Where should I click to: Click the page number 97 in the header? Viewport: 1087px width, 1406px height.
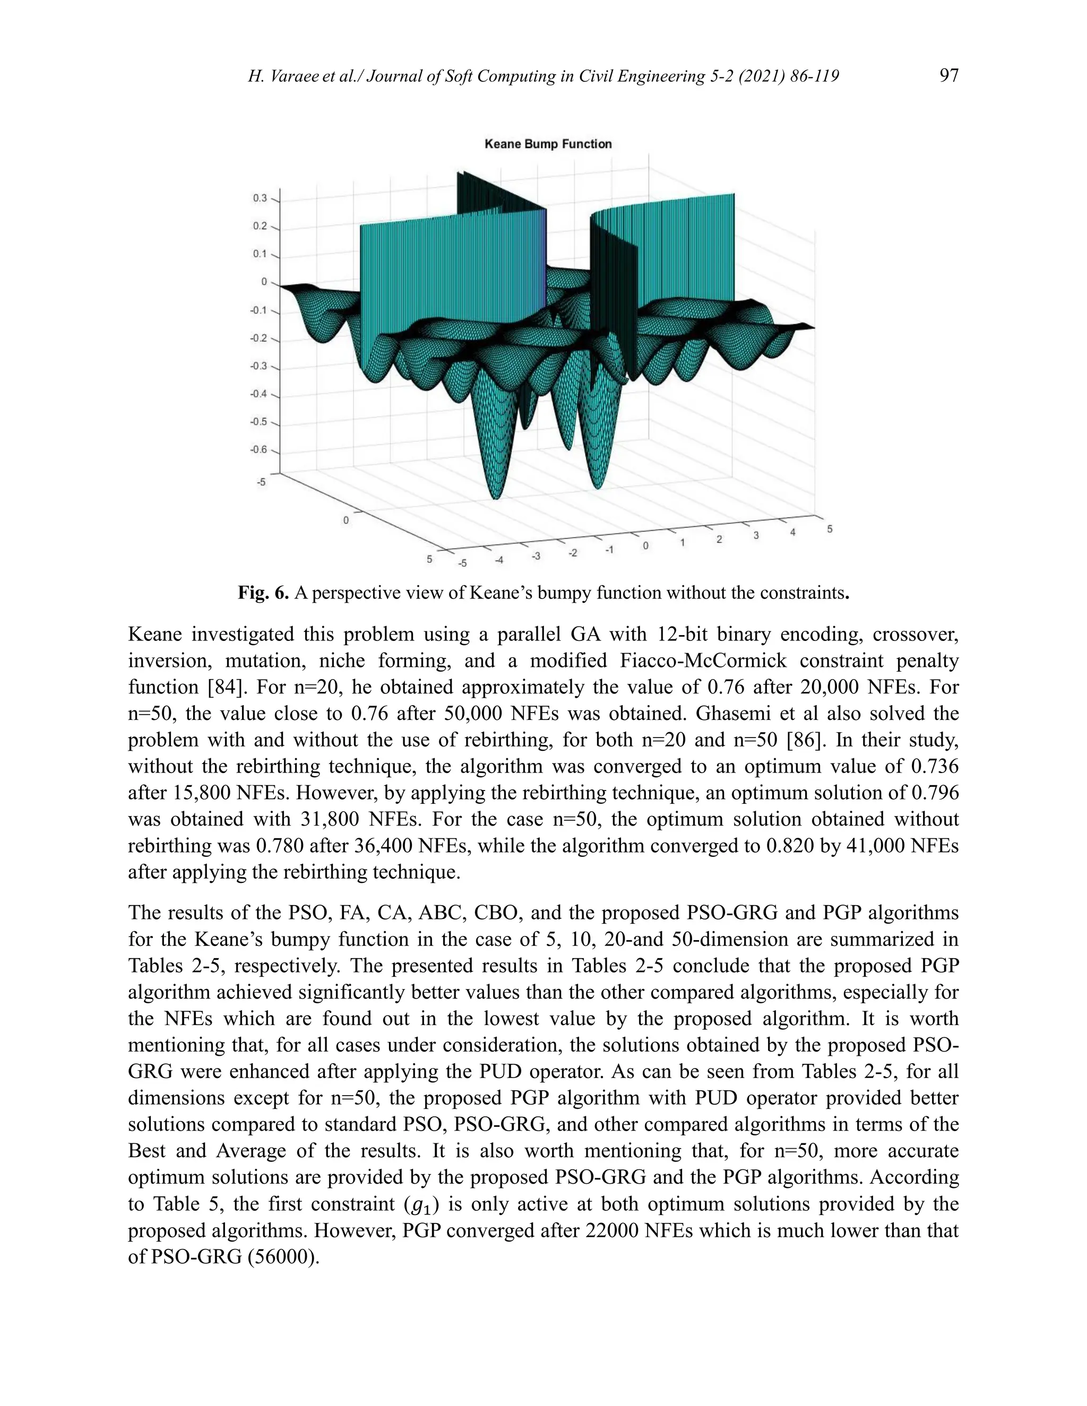coord(948,76)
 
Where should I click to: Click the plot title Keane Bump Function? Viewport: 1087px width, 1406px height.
coord(548,144)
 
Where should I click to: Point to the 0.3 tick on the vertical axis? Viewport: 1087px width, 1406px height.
coord(260,198)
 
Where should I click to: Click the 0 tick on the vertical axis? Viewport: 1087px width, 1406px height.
coord(264,282)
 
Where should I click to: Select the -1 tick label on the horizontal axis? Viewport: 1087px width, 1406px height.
coord(609,550)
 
